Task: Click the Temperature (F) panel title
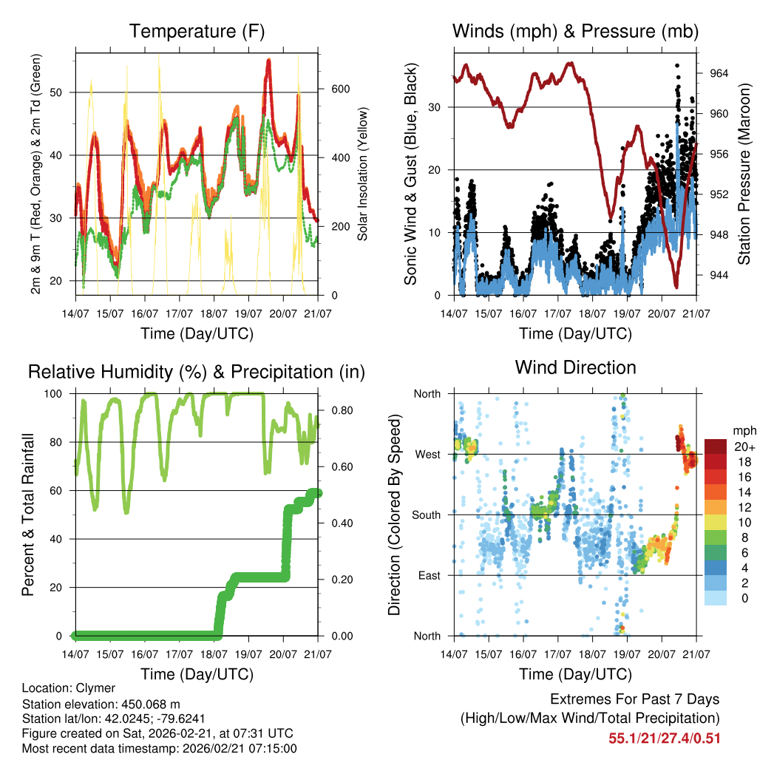click(197, 32)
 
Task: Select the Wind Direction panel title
click(575, 367)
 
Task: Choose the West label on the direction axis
click(427, 454)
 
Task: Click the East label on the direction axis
click(428, 575)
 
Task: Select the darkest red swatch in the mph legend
click(716, 447)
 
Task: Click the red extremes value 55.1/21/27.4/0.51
click(664, 738)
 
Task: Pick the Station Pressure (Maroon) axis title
click(744, 174)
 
